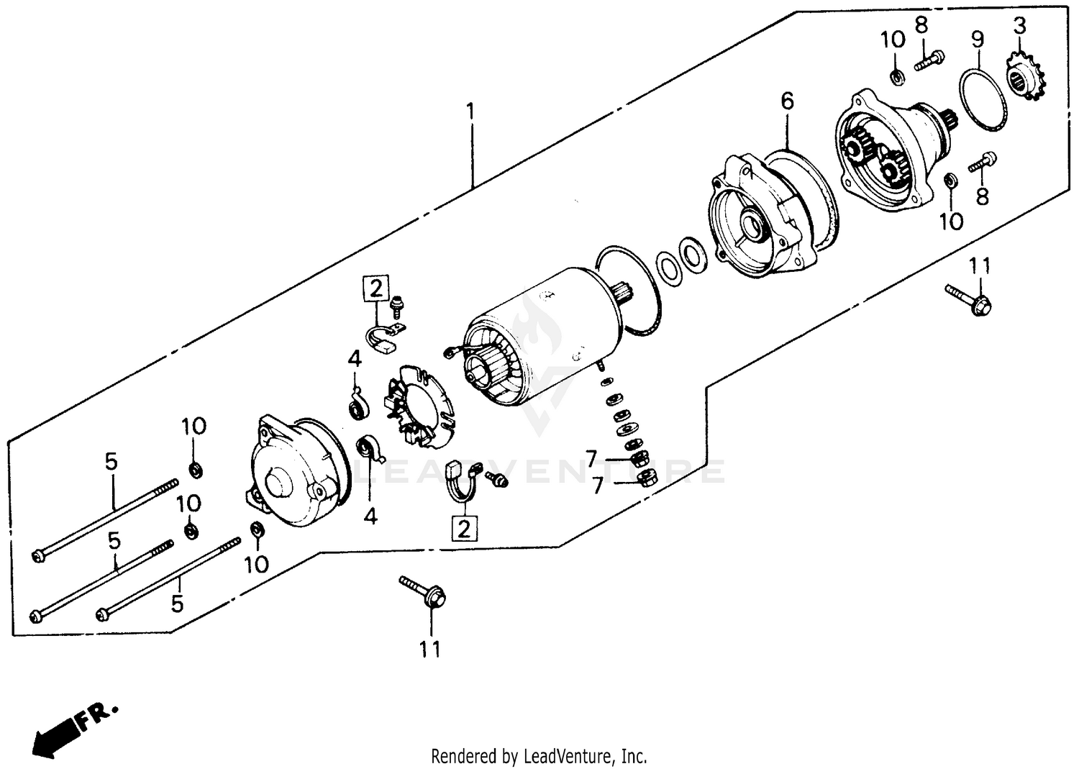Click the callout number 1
coord(470,112)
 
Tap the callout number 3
coord(1019,27)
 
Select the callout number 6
coord(787,101)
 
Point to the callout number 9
coord(978,39)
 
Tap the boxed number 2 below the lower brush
coord(464,529)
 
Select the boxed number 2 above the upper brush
coord(375,288)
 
